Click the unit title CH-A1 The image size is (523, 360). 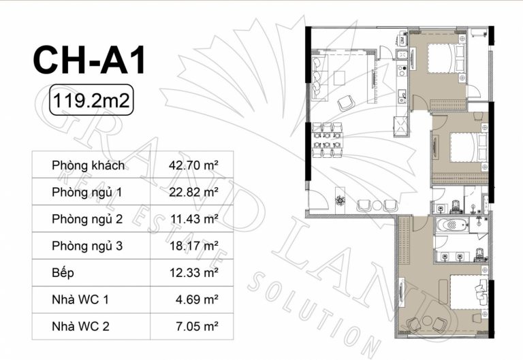[89, 60]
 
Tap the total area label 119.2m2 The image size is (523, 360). [91, 100]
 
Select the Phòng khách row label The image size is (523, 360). [88, 165]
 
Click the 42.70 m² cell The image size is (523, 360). [193, 165]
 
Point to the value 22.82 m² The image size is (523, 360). [193, 193]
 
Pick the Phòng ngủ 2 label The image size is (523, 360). [87, 219]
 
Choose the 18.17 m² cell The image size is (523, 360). [194, 246]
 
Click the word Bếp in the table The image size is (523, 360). [63, 273]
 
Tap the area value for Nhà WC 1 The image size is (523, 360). [197, 299]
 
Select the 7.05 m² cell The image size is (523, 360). [197, 327]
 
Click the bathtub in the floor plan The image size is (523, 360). [451, 225]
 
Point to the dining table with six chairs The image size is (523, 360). [327, 140]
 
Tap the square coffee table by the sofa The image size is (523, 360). [340, 78]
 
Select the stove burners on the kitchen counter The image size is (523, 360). [401, 71]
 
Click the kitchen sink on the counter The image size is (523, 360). [402, 95]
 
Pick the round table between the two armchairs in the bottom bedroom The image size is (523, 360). [427, 321]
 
